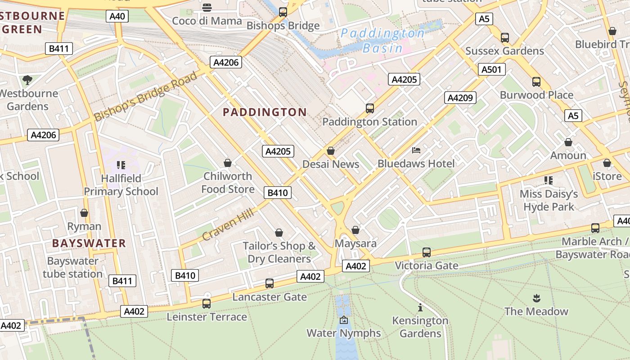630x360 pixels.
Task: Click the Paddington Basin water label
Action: click(x=382, y=40)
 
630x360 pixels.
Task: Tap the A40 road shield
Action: click(x=117, y=17)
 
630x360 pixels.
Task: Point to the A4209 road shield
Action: click(x=460, y=98)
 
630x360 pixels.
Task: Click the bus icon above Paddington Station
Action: click(x=369, y=108)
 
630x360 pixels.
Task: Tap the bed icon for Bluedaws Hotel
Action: click(x=416, y=150)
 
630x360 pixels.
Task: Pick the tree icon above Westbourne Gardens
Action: click(x=27, y=80)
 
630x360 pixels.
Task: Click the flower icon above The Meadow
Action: click(x=536, y=298)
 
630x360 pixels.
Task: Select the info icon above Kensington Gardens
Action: click(x=420, y=307)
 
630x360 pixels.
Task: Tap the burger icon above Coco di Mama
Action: click(x=207, y=7)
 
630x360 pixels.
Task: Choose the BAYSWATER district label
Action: click(x=89, y=243)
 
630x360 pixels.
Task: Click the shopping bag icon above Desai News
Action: click(x=331, y=151)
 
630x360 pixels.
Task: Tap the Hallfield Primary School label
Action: click(x=121, y=185)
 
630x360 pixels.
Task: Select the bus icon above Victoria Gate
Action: click(x=427, y=252)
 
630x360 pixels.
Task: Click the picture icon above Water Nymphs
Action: click(x=344, y=320)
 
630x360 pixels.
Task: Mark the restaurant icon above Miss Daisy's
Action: click(x=549, y=180)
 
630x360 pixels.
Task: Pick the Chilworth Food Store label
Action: click(x=228, y=182)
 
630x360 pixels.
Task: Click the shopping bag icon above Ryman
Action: click(x=84, y=213)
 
